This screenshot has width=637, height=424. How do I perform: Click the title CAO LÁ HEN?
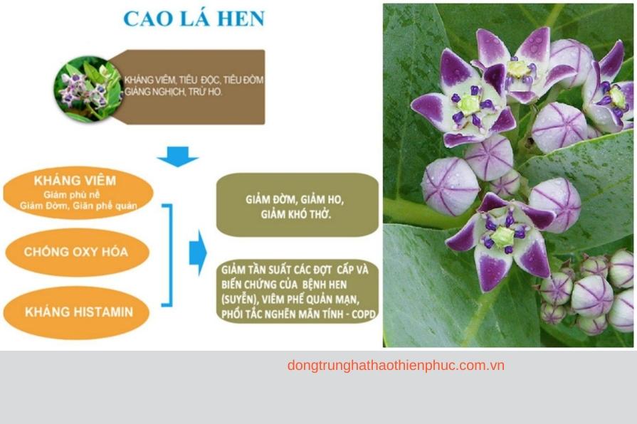pos(194,18)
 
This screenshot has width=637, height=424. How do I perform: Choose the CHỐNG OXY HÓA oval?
pos(76,252)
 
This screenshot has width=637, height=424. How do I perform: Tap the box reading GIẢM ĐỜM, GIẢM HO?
pos(297,204)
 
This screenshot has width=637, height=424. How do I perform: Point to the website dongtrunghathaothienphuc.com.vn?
pos(396,366)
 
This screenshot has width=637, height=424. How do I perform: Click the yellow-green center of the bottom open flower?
pos(503,236)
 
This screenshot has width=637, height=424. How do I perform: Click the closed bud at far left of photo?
pos(450,186)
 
